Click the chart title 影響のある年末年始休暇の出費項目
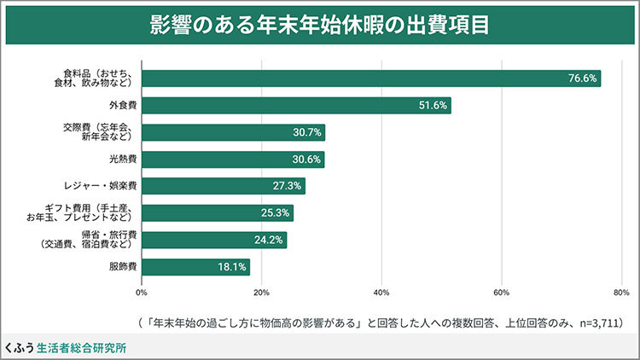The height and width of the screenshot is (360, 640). (319, 23)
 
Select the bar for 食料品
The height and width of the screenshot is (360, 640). (371, 78)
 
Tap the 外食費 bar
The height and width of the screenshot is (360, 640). (296, 106)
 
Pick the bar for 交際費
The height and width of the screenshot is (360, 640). (233, 132)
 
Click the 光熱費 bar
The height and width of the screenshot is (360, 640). (233, 160)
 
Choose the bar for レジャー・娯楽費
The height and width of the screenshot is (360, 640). (223, 186)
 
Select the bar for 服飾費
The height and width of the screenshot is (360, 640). (195, 267)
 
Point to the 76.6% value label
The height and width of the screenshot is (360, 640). (583, 78)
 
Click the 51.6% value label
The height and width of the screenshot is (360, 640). (433, 106)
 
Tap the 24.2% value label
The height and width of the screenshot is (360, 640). (269, 240)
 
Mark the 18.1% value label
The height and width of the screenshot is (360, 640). (232, 267)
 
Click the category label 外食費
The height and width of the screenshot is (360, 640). (124, 106)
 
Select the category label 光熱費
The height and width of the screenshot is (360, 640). (124, 160)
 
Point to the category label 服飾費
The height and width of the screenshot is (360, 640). (124, 267)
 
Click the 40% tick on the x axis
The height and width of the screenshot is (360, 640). (381, 293)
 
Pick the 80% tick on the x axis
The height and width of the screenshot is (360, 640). (621, 293)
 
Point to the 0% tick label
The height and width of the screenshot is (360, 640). (142, 293)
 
